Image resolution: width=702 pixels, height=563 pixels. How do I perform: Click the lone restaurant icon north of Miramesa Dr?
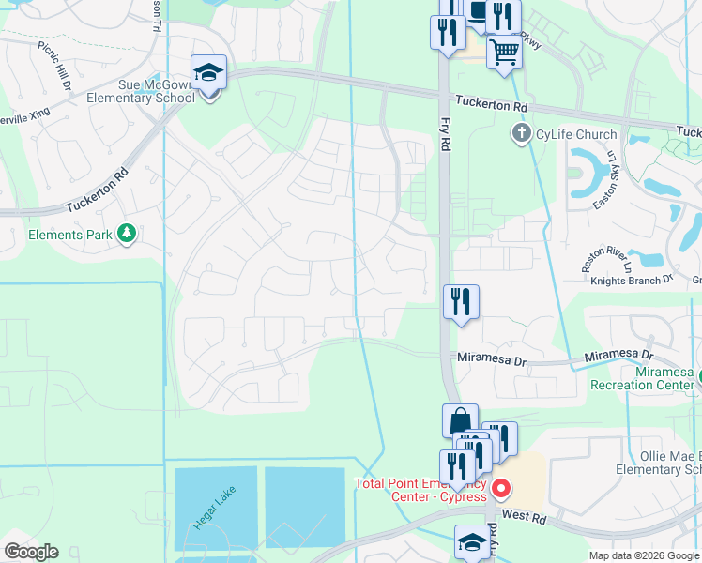point(461,302)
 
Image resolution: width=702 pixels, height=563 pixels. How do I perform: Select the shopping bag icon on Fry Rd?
point(460,420)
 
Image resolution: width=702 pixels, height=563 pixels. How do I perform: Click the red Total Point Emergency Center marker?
point(501,488)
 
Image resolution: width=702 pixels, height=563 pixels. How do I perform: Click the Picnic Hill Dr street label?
point(55,64)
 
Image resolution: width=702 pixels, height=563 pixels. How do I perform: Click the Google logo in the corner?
point(30,552)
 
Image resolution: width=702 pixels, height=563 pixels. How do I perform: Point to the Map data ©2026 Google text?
point(644,555)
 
